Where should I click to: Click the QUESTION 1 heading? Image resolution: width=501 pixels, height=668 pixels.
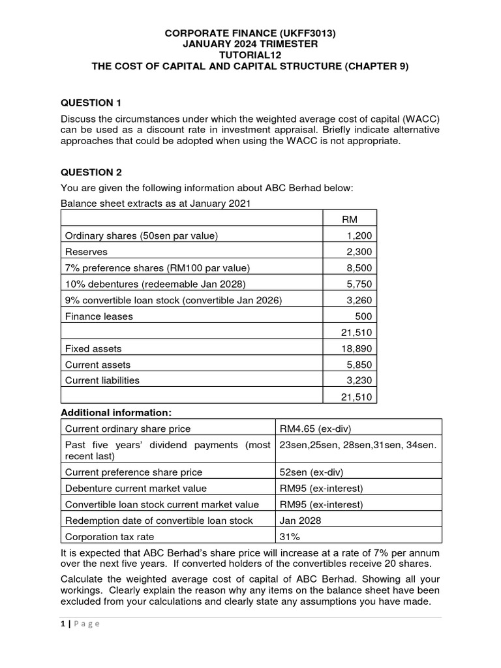pos(91,102)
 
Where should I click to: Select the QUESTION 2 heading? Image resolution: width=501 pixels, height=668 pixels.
pos(91,172)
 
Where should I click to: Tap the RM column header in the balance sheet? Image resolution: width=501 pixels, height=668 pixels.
pos(350,219)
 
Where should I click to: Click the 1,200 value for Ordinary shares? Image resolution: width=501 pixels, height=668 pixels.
pos(359,235)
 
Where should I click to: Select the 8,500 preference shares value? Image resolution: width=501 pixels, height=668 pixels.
pos(359,267)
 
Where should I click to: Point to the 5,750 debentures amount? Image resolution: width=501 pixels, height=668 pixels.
pos(359,284)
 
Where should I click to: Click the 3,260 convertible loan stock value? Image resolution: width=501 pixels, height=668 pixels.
pos(359,300)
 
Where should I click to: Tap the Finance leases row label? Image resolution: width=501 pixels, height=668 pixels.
pos(99,316)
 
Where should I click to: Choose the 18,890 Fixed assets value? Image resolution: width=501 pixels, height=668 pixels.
pos(357,348)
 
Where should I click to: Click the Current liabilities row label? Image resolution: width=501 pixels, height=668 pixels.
pos(102,380)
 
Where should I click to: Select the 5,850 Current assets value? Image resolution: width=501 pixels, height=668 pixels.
pos(359,365)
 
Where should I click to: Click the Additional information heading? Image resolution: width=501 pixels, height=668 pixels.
pos(116,413)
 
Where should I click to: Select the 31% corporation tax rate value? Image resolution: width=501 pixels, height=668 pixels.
pos(290,537)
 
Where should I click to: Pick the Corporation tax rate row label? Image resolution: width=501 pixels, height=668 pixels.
pos(110,537)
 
